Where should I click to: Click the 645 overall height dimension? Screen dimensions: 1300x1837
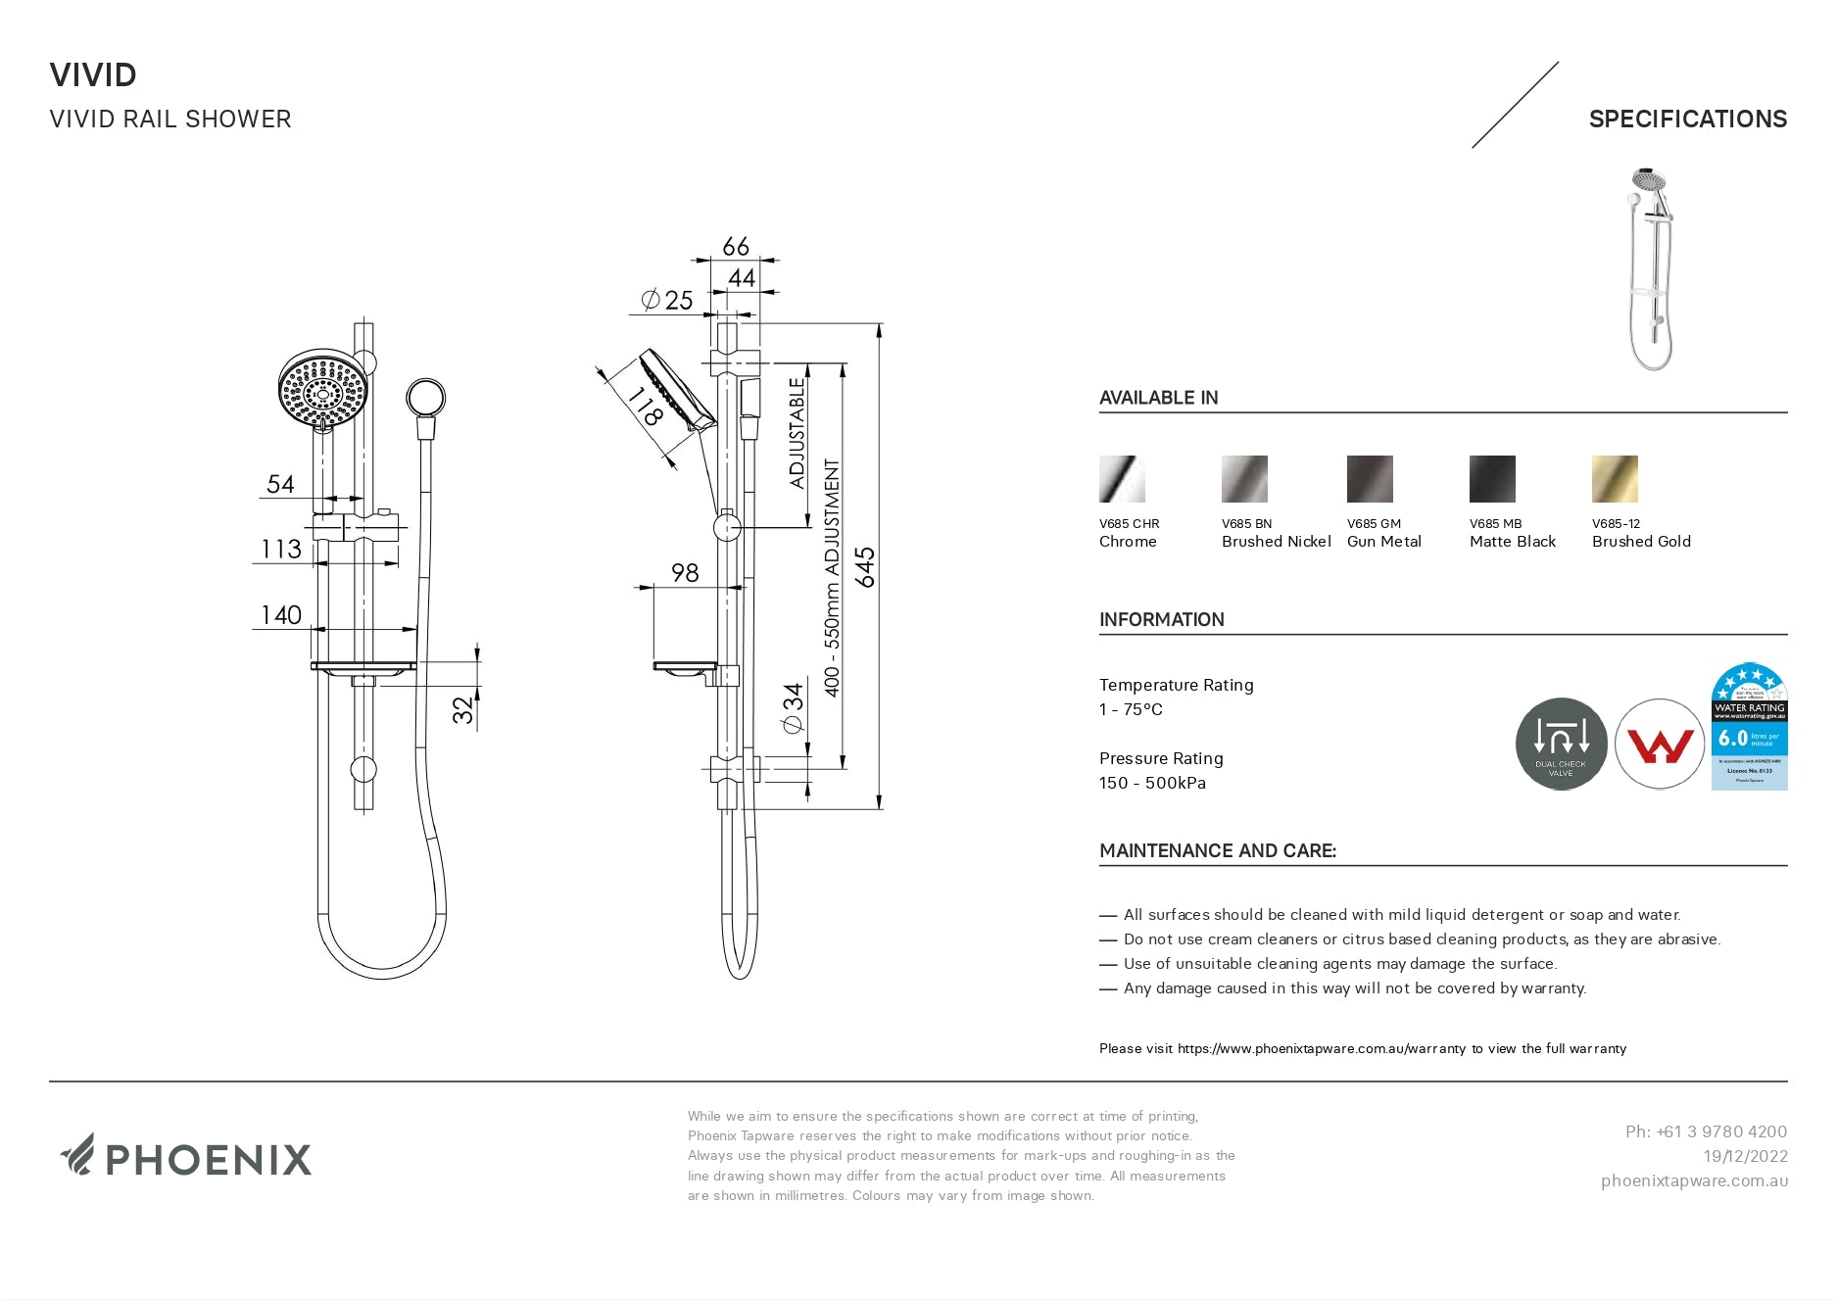(x=866, y=567)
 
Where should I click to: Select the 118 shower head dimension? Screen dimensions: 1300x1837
(x=645, y=406)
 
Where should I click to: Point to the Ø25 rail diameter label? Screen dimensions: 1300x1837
(x=667, y=300)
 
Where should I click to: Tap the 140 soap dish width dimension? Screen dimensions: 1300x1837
(x=281, y=615)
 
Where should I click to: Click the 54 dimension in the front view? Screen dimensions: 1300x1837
(x=280, y=484)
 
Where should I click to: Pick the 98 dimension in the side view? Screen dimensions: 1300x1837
(x=685, y=573)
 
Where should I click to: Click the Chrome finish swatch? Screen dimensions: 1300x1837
(x=1122, y=479)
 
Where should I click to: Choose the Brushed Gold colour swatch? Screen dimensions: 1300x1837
(x=1615, y=479)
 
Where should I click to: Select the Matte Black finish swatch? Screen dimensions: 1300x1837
(x=1492, y=479)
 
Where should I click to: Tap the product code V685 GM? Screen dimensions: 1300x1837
(x=1374, y=524)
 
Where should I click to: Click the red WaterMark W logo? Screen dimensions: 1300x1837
(x=1660, y=745)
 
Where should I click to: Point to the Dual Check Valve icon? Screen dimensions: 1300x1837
(x=1561, y=744)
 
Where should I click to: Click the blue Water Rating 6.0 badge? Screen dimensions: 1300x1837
(x=1749, y=727)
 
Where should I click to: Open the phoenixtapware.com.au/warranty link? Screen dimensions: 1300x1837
(x=1321, y=1049)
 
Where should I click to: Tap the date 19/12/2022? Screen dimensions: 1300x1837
(x=1745, y=1157)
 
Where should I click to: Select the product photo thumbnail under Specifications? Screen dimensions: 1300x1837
(x=1652, y=268)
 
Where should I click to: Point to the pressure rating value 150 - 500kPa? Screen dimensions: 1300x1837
(x=1152, y=784)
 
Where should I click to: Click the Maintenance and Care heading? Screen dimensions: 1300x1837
(x=1217, y=851)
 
